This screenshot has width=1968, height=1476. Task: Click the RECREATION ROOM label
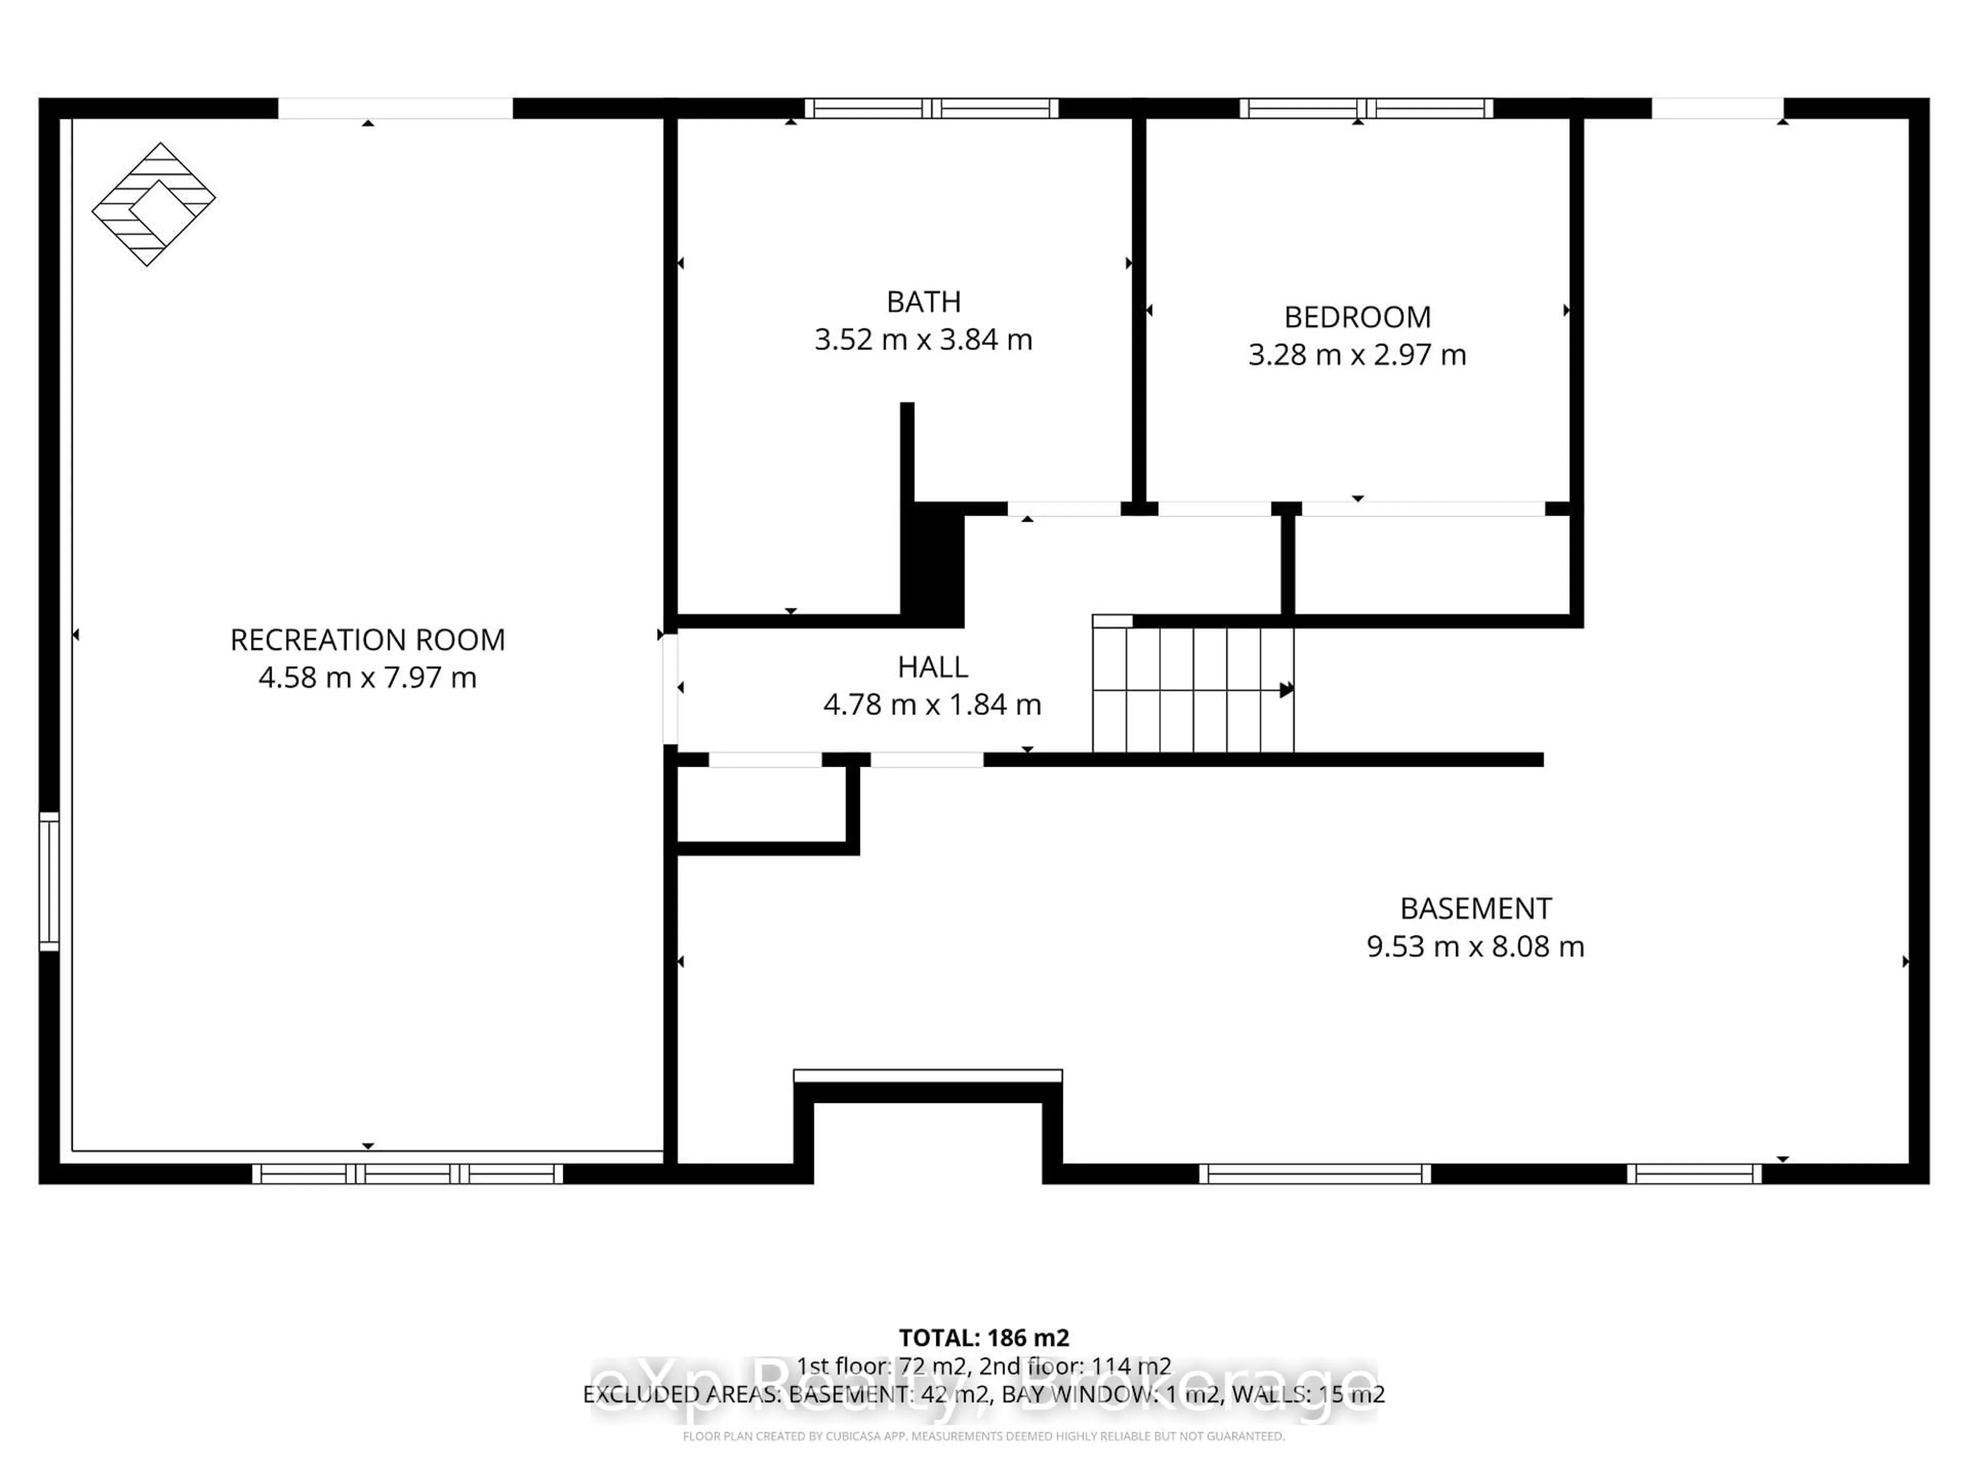point(367,640)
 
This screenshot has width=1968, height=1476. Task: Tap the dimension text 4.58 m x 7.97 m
point(367,678)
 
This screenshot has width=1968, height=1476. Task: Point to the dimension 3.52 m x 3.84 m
point(924,340)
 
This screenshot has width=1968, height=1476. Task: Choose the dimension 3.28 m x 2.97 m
point(1357,355)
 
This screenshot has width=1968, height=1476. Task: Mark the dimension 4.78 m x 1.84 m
point(932,705)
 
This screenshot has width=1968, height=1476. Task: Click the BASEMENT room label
point(1475,908)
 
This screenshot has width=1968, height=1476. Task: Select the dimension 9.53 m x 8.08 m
point(1475,947)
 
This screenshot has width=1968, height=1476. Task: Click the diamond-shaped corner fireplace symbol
point(153,204)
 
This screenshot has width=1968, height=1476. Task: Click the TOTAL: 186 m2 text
point(984,1338)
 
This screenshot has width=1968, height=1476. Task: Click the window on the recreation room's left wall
point(49,881)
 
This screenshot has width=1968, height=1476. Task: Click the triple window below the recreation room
point(407,1174)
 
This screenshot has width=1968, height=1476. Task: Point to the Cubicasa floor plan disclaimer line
point(984,1436)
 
